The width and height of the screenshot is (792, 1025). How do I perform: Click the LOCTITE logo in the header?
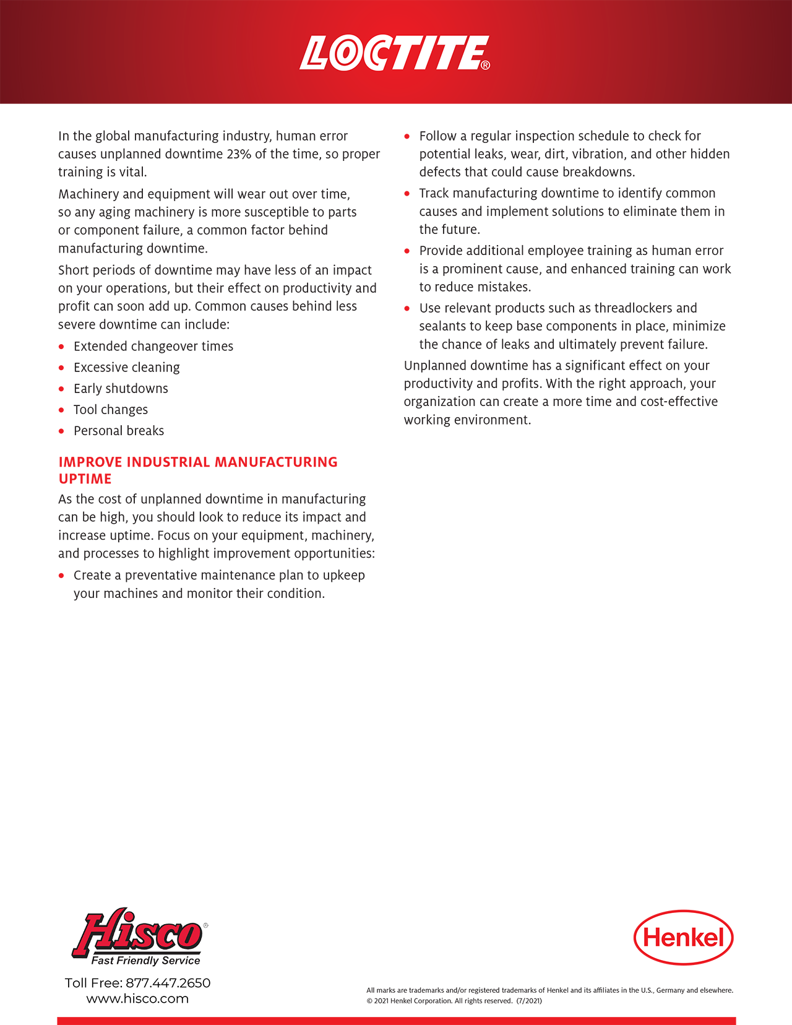[x=394, y=53]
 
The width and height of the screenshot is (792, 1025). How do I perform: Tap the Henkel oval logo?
[x=683, y=937]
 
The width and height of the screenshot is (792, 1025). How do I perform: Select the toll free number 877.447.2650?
[x=168, y=983]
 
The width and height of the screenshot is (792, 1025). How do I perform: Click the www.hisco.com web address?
[x=137, y=998]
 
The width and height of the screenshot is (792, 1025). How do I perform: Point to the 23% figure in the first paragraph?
[x=239, y=154]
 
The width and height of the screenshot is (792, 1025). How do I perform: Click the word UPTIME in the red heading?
[x=85, y=479]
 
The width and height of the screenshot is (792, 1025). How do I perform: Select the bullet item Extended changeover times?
[x=153, y=347]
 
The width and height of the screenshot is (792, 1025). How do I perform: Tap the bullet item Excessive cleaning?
[x=126, y=368]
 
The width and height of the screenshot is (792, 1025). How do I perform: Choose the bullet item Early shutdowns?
[x=121, y=389]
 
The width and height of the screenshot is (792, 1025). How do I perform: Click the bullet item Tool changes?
[x=110, y=410]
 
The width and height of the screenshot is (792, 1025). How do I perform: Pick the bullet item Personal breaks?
[x=119, y=431]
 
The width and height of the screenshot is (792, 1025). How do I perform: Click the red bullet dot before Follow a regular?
[x=407, y=136]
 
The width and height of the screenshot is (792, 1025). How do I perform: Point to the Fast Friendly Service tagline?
[x=145, y=961]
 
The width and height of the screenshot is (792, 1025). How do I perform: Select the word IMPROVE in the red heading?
[x=90, y=462]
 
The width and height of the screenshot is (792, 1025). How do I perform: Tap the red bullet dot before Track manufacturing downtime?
[x=407, y=194]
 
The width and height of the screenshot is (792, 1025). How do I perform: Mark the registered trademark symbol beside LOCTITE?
[x=485, y=66]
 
